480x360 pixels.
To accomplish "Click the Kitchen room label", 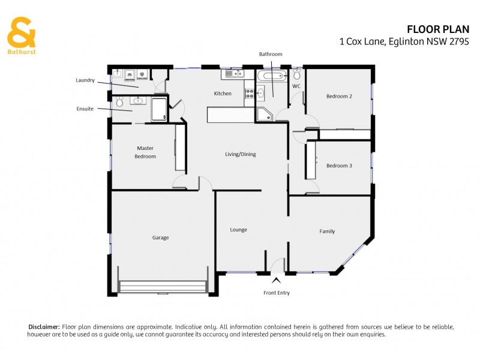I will [x=223, y=94].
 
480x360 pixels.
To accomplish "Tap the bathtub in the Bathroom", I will [x=272, y=76].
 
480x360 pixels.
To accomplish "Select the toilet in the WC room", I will [x=297, y=75].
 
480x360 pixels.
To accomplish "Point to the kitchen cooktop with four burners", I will [x=250, y=93].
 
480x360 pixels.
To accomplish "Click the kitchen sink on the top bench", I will [x=232, y=74].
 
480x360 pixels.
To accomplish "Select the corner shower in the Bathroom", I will [x=264, y=115].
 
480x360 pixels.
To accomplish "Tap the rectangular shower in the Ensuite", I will [x=159, y=109].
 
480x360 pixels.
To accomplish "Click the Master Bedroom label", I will [x=146, y=152].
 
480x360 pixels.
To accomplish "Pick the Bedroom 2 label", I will [x=339, y=96].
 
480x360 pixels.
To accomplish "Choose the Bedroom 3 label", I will [x=339, y=166].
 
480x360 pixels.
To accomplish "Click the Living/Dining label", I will [x=240, y=154].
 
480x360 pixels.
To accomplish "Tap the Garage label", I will [x=160, y=238].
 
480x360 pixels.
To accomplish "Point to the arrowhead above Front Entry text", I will [x=276, y=280].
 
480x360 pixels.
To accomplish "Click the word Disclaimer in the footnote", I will [x=44, y=326].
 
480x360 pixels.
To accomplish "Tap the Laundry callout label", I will [x=85, y=80].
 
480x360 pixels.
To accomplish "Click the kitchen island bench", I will [x=230, y=115].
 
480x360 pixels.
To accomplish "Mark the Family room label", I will [x=327, y=231].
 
